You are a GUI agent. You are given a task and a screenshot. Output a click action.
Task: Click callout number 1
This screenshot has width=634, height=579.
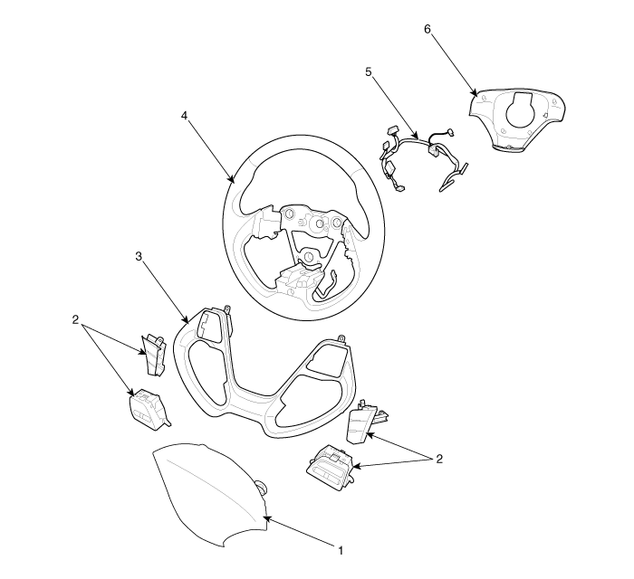tap(341, 550)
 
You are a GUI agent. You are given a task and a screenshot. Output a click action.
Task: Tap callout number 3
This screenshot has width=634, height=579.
tap(139, 256)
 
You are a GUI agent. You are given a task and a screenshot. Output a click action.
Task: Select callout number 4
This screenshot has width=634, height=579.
tap(185, 116)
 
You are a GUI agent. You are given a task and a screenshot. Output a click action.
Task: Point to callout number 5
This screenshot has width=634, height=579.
tap(368, 71)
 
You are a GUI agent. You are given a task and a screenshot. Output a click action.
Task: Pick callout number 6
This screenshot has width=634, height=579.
tap(427, 29)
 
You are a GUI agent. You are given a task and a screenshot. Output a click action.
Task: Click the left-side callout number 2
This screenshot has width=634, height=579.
tap(75, 319)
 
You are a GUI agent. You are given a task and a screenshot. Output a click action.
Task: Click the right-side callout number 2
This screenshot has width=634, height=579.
tap(439, 459)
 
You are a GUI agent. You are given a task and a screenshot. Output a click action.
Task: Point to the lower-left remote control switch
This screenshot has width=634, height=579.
tap(149, 409)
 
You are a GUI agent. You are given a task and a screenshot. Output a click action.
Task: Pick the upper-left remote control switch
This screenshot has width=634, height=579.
tap(154, 355)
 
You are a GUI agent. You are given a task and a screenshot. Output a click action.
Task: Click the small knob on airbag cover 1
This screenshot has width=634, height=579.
tap(261, 488)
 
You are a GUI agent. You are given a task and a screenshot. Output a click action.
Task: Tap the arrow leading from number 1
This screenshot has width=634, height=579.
tap(299, 531)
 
